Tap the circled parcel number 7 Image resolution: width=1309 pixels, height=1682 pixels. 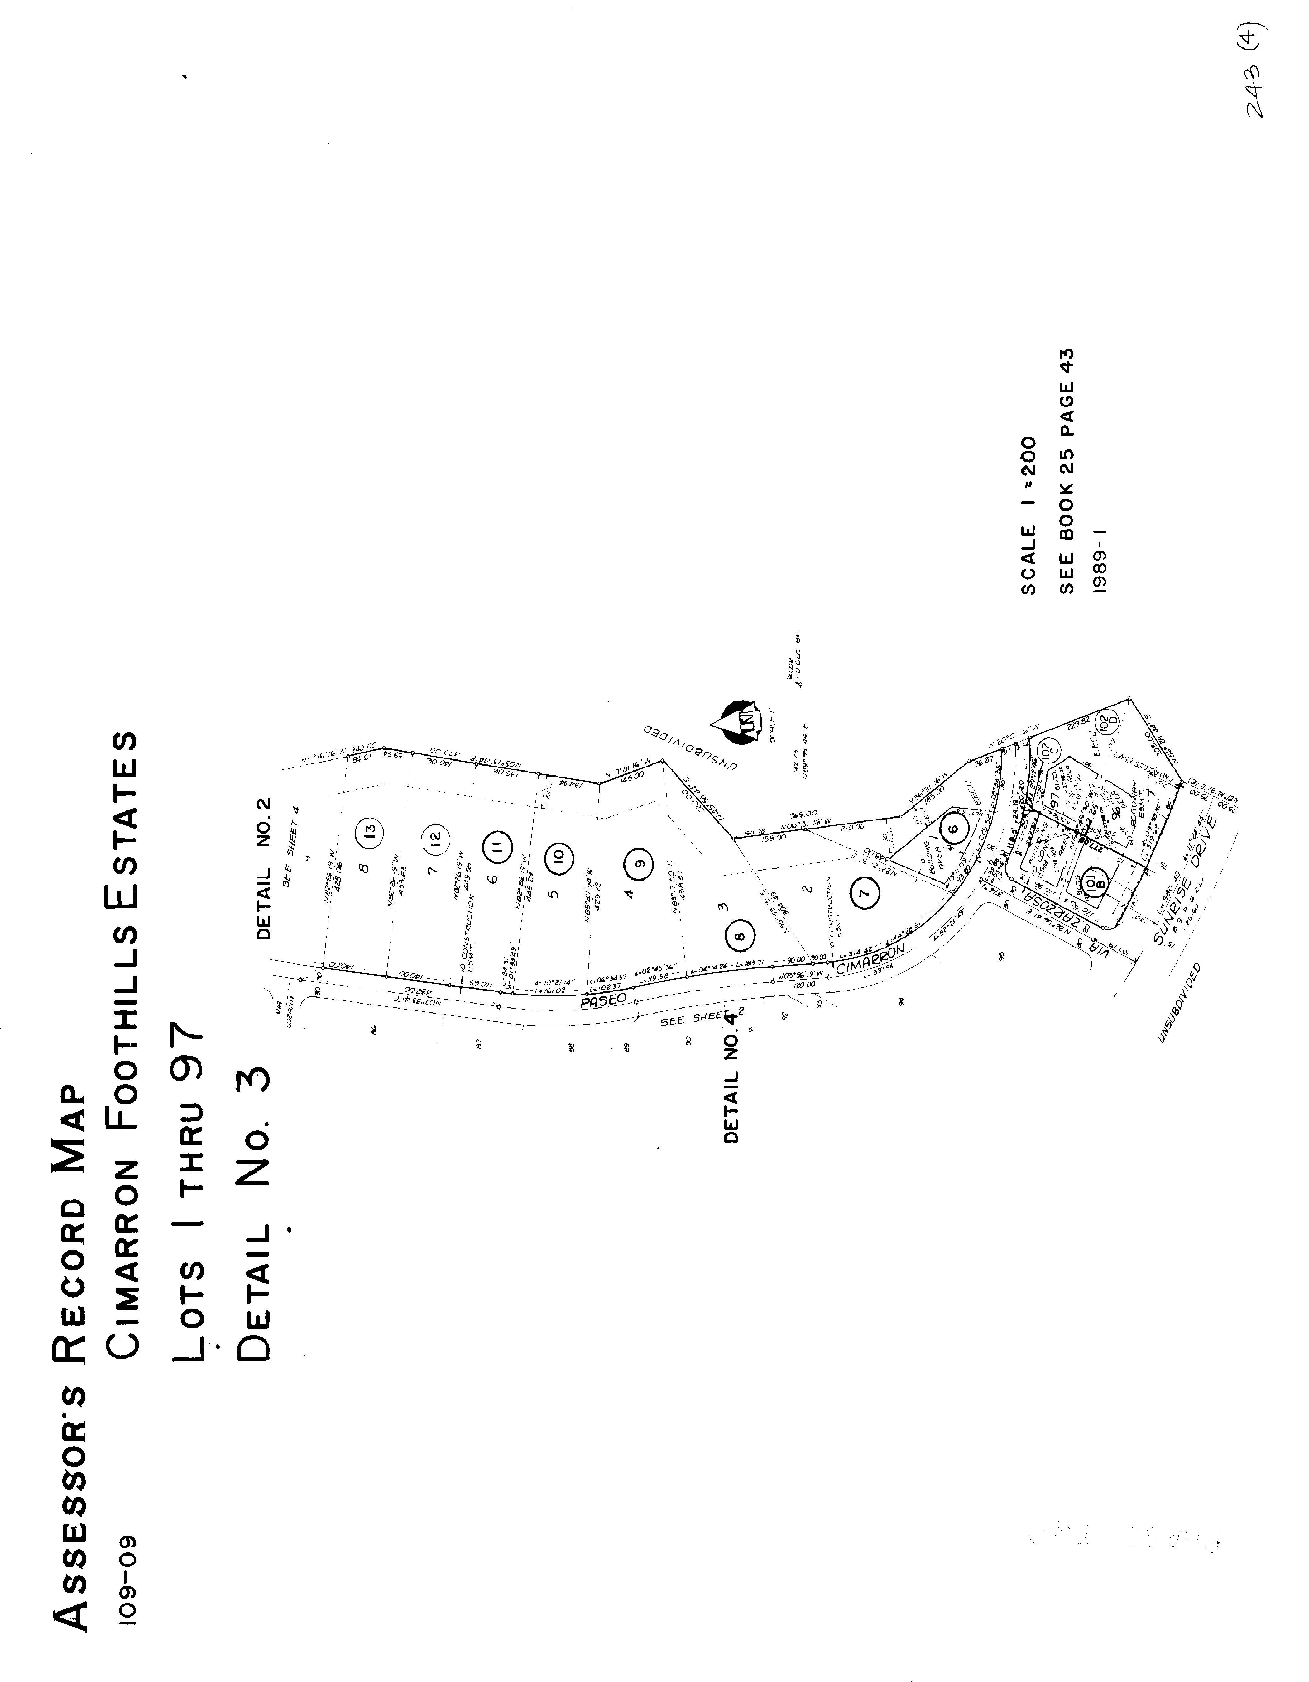(865, 893)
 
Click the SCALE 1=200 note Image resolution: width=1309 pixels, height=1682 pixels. (1028, 516)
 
